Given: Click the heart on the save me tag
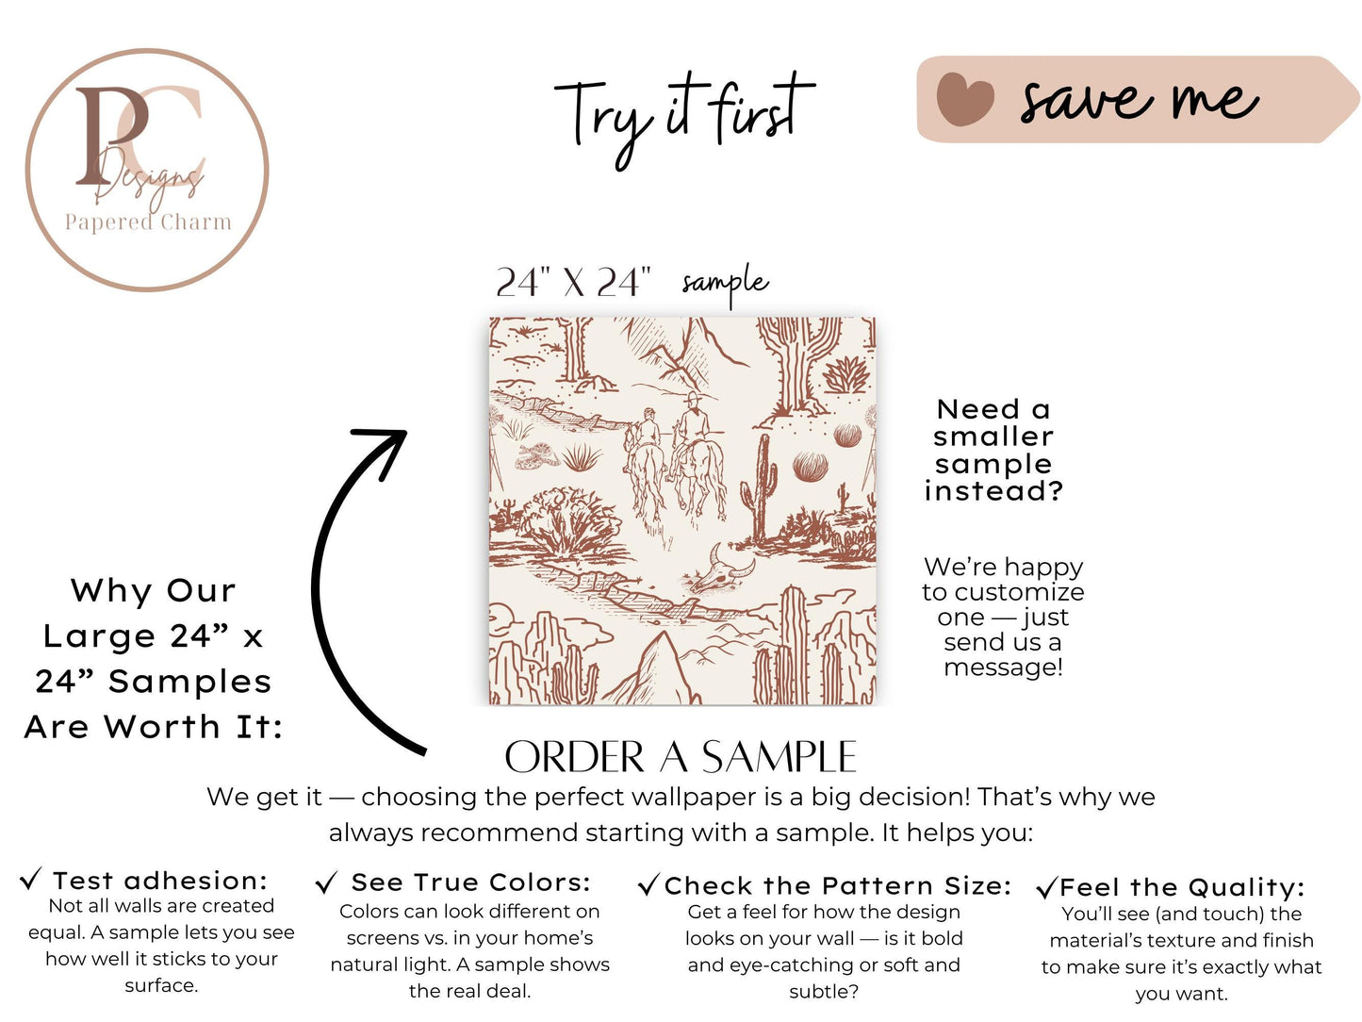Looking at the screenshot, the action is click(x=964, y=99).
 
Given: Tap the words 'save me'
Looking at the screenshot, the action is click(x=1140, y=100).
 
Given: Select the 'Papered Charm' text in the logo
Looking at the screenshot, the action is click(x=148, y=222).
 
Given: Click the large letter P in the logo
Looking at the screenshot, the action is click(x=111, y=135).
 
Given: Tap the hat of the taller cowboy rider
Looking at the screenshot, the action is click(x=693, y=397).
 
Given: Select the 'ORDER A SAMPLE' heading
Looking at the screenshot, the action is click(x=681, y=757).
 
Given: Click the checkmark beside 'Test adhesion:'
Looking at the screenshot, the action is click(x=30, y=879).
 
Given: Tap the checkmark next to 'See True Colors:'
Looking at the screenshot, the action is click(x=326, y=882).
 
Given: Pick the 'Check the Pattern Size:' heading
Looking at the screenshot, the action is click(x=838, y=886).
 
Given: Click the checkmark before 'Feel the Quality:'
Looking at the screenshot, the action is click(x=1046, y=888).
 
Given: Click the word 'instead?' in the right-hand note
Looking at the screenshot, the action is click(x=993, y=491).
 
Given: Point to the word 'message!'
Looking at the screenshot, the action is click(x=1003, y=668).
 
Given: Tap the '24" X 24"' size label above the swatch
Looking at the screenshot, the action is click(x=573, y=283).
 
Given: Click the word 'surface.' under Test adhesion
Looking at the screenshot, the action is click(x=161, y=985).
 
